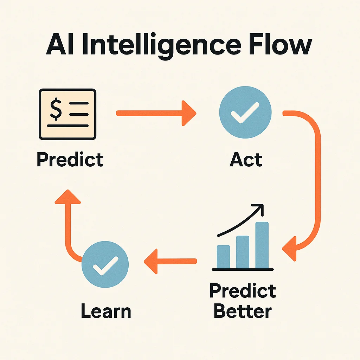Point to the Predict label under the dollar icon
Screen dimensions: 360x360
click(x=70, y=159)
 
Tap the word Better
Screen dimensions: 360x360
click(x=243, y=311)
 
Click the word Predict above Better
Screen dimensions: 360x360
click(x=243, y=291)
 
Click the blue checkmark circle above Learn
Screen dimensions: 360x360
click(x=105, y=265)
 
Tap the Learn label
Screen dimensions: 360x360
click(x=105, y=311)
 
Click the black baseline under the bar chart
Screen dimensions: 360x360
click(x=243, y=269)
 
